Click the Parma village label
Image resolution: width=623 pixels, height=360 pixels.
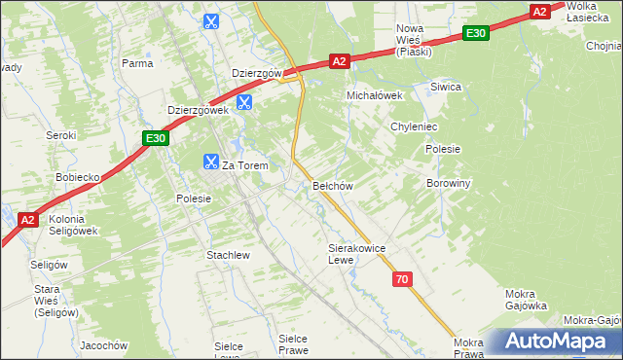pyautogui.click(x=137, y=63)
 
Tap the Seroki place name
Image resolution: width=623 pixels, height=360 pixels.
pyautogui.click(x=61, y=135)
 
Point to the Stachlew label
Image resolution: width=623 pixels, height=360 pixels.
pyautogui.click(x=229, y=255)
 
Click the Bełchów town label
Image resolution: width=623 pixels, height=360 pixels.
pyautogui.click(x=332, y=185)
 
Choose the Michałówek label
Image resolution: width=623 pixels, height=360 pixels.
pyautogui.click(x=376, y=95)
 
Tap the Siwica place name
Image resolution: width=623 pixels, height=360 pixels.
pyautogui.click(x=446, y=87)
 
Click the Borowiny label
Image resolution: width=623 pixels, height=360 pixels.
pyautogui.click(x=449, y=182)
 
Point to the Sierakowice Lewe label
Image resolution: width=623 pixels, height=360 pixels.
pyautogui.click(x=357, y=254)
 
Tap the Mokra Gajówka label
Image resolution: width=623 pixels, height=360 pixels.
pyautogui.click(x=527, y=300)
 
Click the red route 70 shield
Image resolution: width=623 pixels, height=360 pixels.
pyautogui.click(x=403, y=279)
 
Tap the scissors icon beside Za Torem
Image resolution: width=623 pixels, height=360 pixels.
pyautogui.click(x=210, y=162)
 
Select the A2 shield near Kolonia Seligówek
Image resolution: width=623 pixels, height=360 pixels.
pyautogui.click(x=28, y=220)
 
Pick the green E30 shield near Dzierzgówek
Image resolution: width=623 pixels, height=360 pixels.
pyautogui.click(x=157, y=139)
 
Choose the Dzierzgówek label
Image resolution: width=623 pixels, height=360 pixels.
pyautogui.click(x=198, y=110)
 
